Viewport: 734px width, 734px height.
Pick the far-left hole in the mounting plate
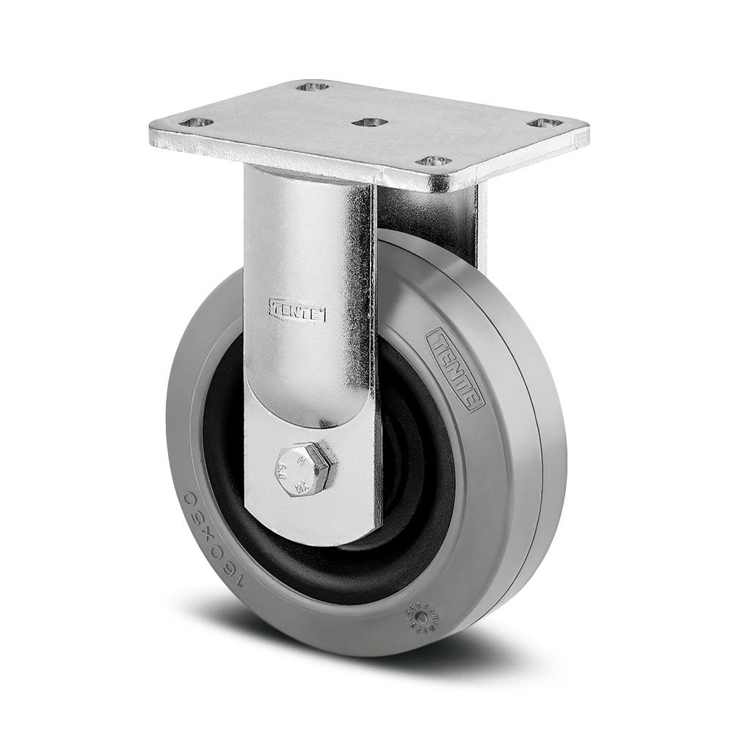tap(197, 123)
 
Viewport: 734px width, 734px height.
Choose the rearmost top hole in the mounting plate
tap(312, 87)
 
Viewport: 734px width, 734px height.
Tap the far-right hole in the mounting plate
tap(545, 123)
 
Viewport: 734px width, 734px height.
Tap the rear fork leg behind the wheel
tap(470, 220)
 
